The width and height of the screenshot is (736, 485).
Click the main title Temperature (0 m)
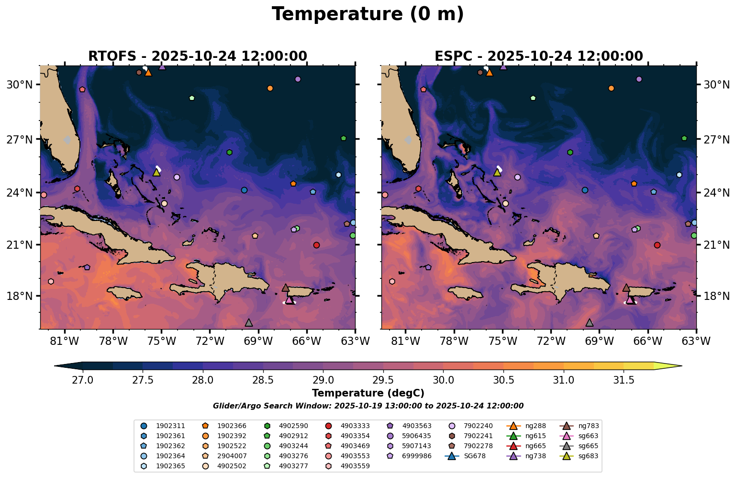(368, 14)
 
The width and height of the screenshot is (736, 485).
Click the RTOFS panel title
(197, 56)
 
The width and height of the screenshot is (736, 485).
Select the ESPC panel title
(538, 56)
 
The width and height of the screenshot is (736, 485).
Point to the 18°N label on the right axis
(716, 296)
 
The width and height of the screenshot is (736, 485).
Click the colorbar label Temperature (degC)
(368, 393)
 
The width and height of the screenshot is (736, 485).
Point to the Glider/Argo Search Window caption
(368, 406)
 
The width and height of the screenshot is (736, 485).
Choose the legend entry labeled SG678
(471, 456)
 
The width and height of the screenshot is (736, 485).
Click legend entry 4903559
(354, 466)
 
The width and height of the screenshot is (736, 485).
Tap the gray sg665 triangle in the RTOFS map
(248, 323)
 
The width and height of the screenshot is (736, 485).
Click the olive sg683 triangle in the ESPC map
(497, 172)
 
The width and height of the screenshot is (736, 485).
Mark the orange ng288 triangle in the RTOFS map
(148, 73)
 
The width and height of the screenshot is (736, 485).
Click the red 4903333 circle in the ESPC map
(657, 245)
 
